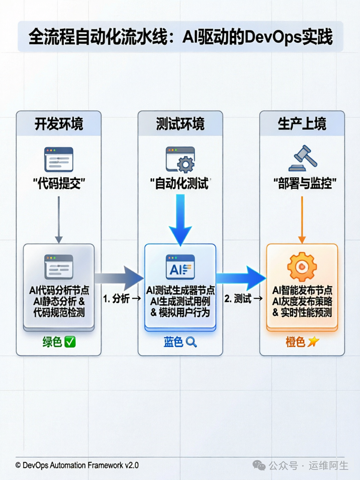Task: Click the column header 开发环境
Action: pos(59,124)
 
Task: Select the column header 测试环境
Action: pos(180,124)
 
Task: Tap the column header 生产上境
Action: pos(302,124)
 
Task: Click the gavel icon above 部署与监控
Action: pos(303,159)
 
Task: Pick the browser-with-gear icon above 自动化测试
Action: pos(180,159)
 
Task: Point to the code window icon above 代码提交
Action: pos(59,159)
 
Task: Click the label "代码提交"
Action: pos(59,184)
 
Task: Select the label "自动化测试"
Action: pos(180,184)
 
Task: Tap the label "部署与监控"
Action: pos(304,184)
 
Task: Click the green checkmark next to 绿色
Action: pos(70,342)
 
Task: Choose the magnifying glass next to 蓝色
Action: pos(191,342)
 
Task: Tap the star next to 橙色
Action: pos(313,342)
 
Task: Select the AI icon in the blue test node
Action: pos(180,267)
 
